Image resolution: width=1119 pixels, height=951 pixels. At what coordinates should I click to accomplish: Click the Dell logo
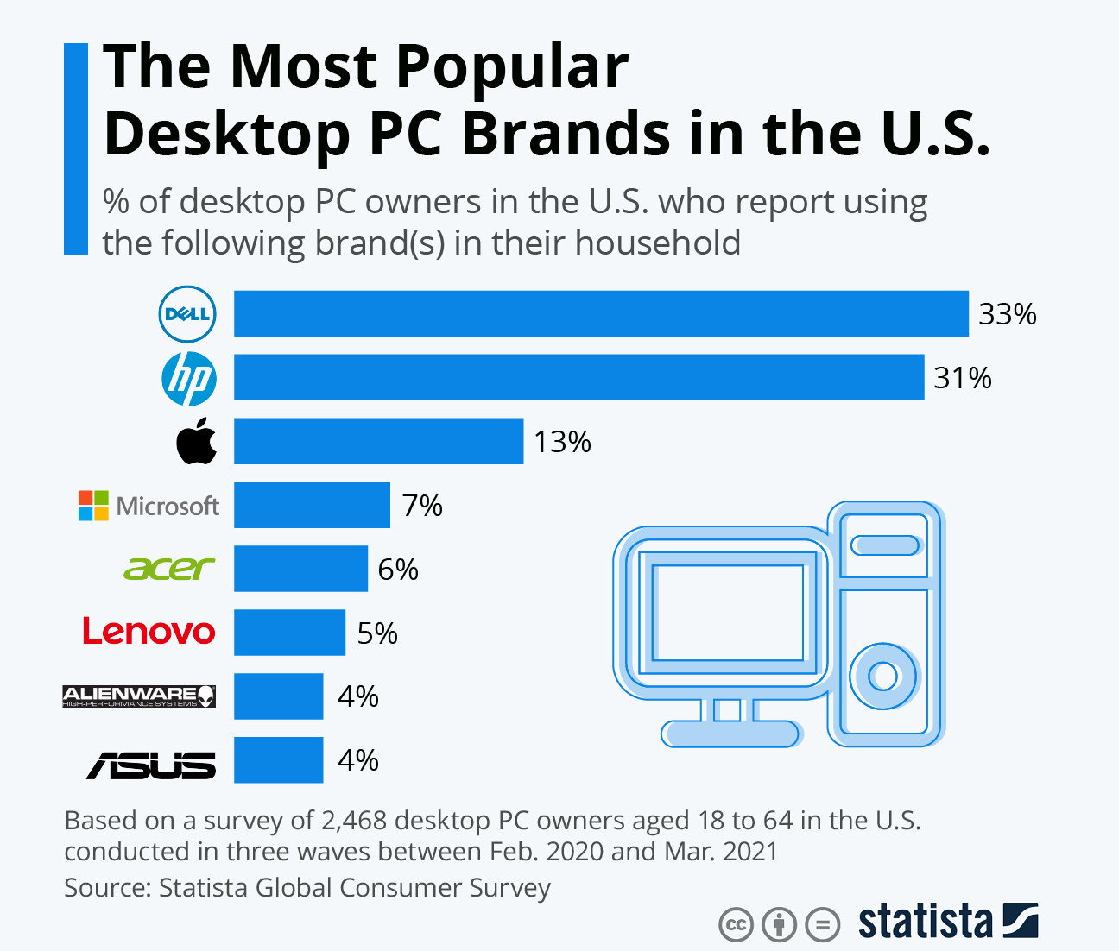tap(186, 313)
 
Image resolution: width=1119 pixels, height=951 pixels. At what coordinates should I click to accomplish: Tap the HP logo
tap(188, 378)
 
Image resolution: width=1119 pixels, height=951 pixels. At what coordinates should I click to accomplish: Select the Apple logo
tap(197, 441)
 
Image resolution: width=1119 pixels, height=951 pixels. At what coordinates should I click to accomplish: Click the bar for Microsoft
tap(312, 505)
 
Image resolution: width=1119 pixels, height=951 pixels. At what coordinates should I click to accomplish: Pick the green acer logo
tap(168, 569)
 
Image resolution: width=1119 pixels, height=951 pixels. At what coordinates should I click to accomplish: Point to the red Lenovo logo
tap(149, 632)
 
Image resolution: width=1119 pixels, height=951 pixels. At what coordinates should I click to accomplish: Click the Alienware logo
tap(139, 696)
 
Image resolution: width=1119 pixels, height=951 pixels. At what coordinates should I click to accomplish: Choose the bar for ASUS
tap(278, 759)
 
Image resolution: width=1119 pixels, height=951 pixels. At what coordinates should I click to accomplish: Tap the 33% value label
tap(1007, 314)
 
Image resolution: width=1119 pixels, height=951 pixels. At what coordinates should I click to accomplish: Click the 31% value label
tap(962, 378)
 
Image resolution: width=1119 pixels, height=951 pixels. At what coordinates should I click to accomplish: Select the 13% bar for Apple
tap(378, 441)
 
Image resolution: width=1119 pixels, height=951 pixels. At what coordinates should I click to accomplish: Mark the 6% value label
tap(398, 570)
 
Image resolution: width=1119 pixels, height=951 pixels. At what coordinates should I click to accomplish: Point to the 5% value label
tap(377, 633)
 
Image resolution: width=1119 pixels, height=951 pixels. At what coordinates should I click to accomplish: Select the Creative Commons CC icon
tap(736, 925)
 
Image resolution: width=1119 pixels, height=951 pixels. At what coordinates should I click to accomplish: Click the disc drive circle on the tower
tap(882, 676)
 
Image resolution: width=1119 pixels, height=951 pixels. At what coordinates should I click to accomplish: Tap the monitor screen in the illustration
tap(727, 614)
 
